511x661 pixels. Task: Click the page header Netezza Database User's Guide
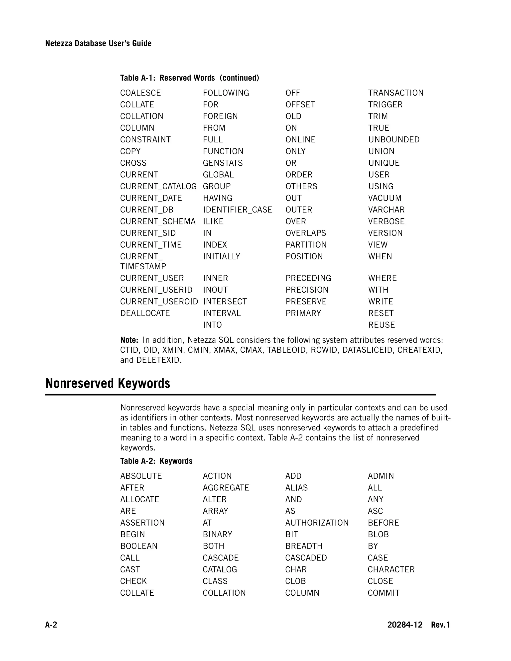(98, 43)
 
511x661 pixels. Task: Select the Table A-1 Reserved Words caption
(190, 78)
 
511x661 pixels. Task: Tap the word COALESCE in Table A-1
(140, 93)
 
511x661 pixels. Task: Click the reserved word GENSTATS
(223, 163)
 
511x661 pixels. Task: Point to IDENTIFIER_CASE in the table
(238, 210)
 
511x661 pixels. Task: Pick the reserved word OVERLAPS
(306, 233)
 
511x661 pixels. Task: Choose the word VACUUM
(385, 198)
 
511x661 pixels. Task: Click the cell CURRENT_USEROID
(159, 302)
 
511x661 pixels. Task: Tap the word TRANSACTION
(396, 93)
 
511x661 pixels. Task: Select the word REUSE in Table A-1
(382, 325)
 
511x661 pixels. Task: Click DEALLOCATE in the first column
(145, 313)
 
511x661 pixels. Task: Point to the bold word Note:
(129, 340)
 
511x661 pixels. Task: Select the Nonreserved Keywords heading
(108, 383)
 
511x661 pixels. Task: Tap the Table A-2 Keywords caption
(156, 461)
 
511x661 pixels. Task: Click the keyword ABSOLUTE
(141, 476)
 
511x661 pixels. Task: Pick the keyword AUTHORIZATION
(317, 523)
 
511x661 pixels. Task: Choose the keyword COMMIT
(383, 593)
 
